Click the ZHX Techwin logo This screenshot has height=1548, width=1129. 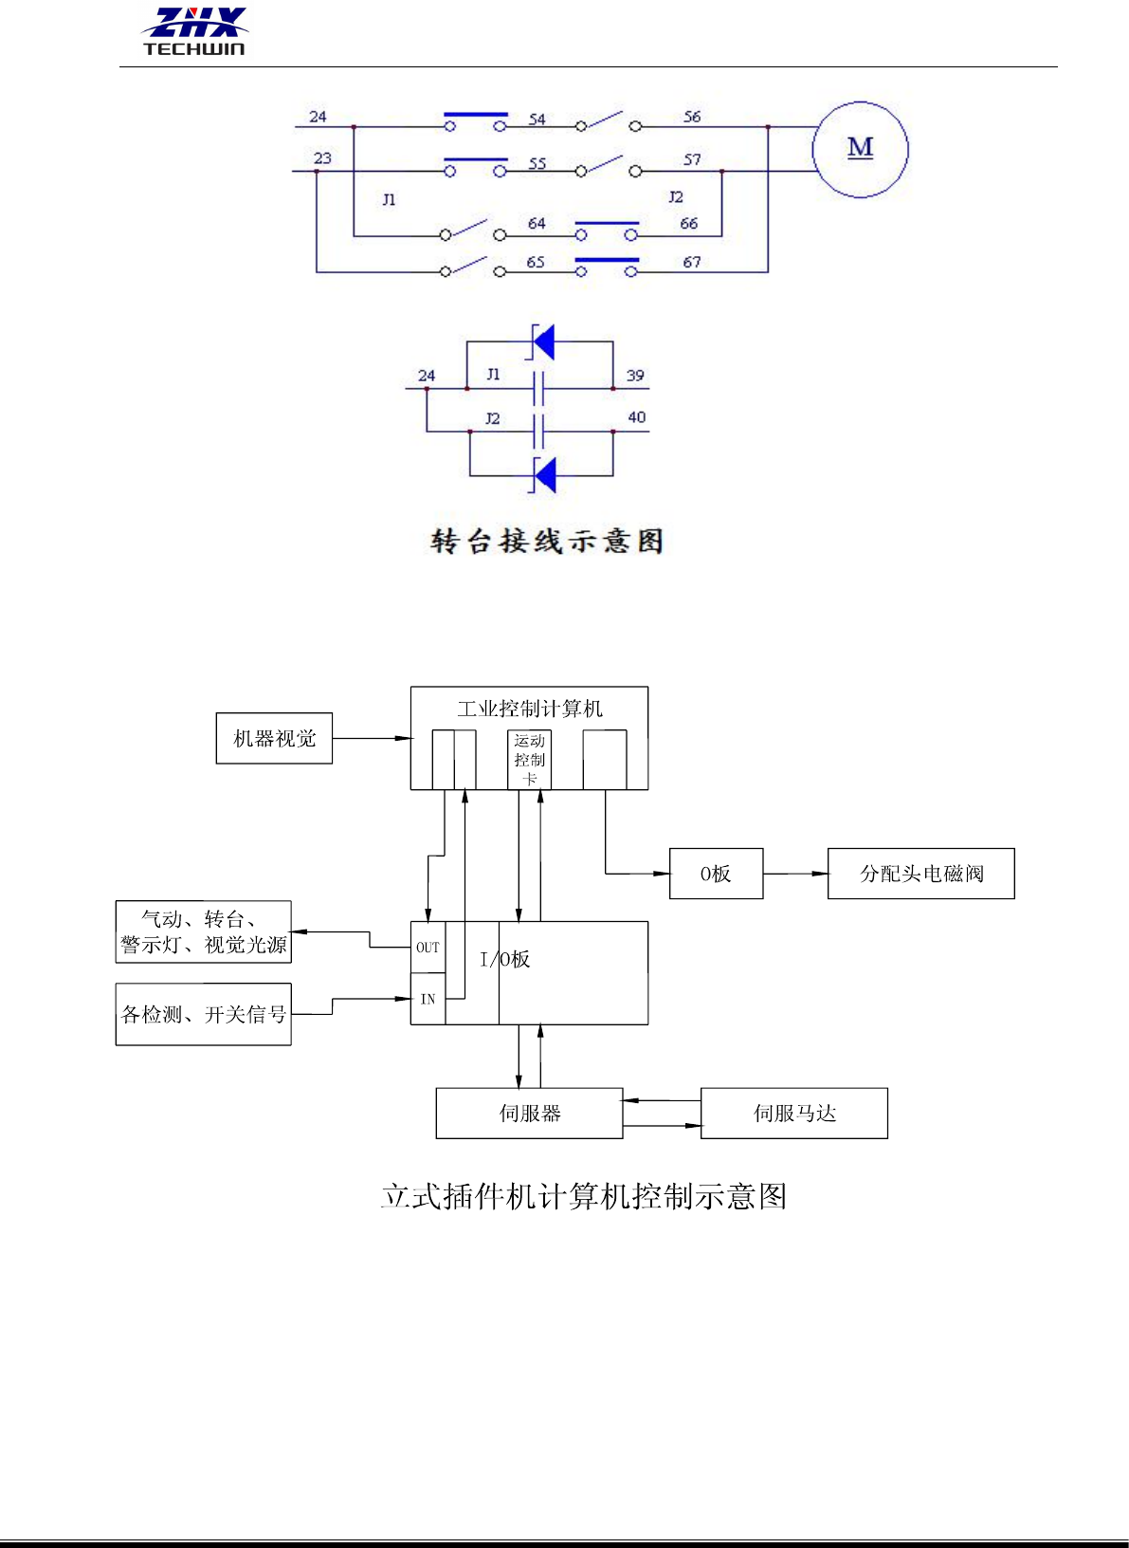pyautogui.click(x=194, y=31)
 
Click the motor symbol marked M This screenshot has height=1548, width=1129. pyautogui.click(x=860, y=149)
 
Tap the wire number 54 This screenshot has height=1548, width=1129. pyautogui.click(x=537, y=119)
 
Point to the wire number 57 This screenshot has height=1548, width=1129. pyautogui.click(x=692, y=159)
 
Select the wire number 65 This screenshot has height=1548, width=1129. pyautogui.click(x=536, y=262)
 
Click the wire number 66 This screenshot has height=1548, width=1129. pyautogui.click(x=688, y=223)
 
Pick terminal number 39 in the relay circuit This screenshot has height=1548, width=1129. pyautogui.click(x=635, y=376)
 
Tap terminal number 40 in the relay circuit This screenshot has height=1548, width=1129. pyautogui.click(x=637, y=416)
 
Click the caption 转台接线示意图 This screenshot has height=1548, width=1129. pyautogui.click(x=547, y=541)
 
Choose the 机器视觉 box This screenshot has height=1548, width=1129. pyautogui.click(x=274, y=738)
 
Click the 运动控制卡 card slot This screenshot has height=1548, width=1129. pyautogui.click(x=529, y=760)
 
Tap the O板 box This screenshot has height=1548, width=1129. pyautogui.click(x=716, y=874)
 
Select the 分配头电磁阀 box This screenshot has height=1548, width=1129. pyautogui.click(x=921, y=874)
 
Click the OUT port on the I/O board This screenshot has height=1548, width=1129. pyautogui.click(x=428, y=948)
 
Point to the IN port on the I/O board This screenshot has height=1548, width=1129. pyautogui.click(x=428, y=1000)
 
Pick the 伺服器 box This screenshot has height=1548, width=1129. pyautogui.click(x=530, y=1114)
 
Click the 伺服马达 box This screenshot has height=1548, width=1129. pyautogui.click(x=794, y=1114)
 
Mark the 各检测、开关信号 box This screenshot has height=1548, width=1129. pyautogui.click(x=204, y=1015)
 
